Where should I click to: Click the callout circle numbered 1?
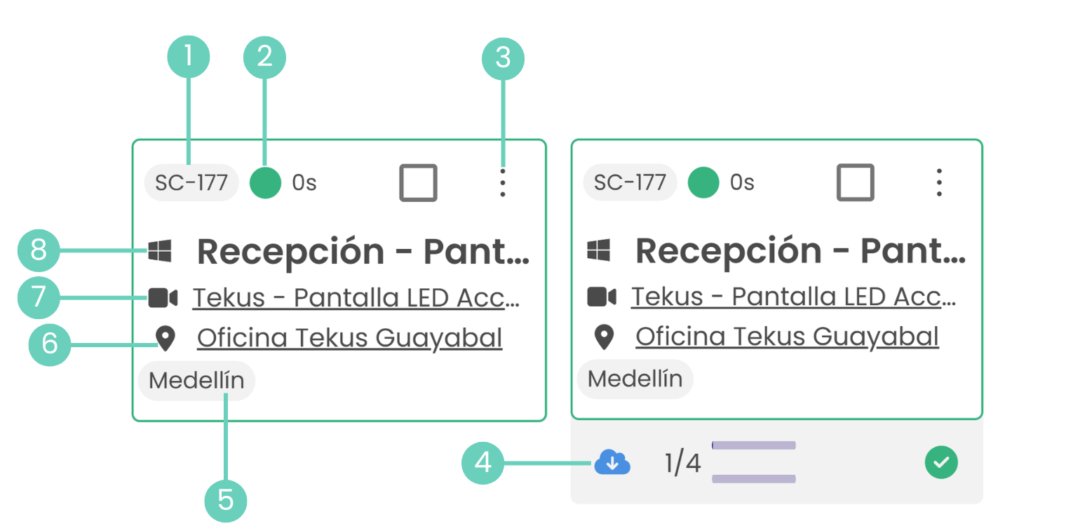(188, 57)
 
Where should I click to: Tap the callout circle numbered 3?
(503, 57)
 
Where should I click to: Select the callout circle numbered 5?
(225, 501)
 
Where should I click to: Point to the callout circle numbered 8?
(39, 250)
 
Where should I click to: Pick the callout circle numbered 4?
(483, 463)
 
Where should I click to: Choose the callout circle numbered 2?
(264, 57)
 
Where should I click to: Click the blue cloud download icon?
(612, 463)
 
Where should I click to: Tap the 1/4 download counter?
(682, 463)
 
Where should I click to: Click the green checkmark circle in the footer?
(941, 463)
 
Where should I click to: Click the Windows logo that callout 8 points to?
(160, 250)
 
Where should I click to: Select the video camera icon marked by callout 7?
(163, 297)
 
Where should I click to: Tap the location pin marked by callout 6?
(165, 339)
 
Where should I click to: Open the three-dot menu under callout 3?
(502, 182)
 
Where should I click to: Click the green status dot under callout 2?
(265, 182)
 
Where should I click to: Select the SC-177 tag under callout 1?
(191, 182)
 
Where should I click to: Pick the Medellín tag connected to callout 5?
(197, 381)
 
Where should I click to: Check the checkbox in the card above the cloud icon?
(855, 182)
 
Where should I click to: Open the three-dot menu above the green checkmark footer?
(939, 182)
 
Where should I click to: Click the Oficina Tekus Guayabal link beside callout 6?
(349, 338)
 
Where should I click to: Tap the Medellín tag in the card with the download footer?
(635, 379)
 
